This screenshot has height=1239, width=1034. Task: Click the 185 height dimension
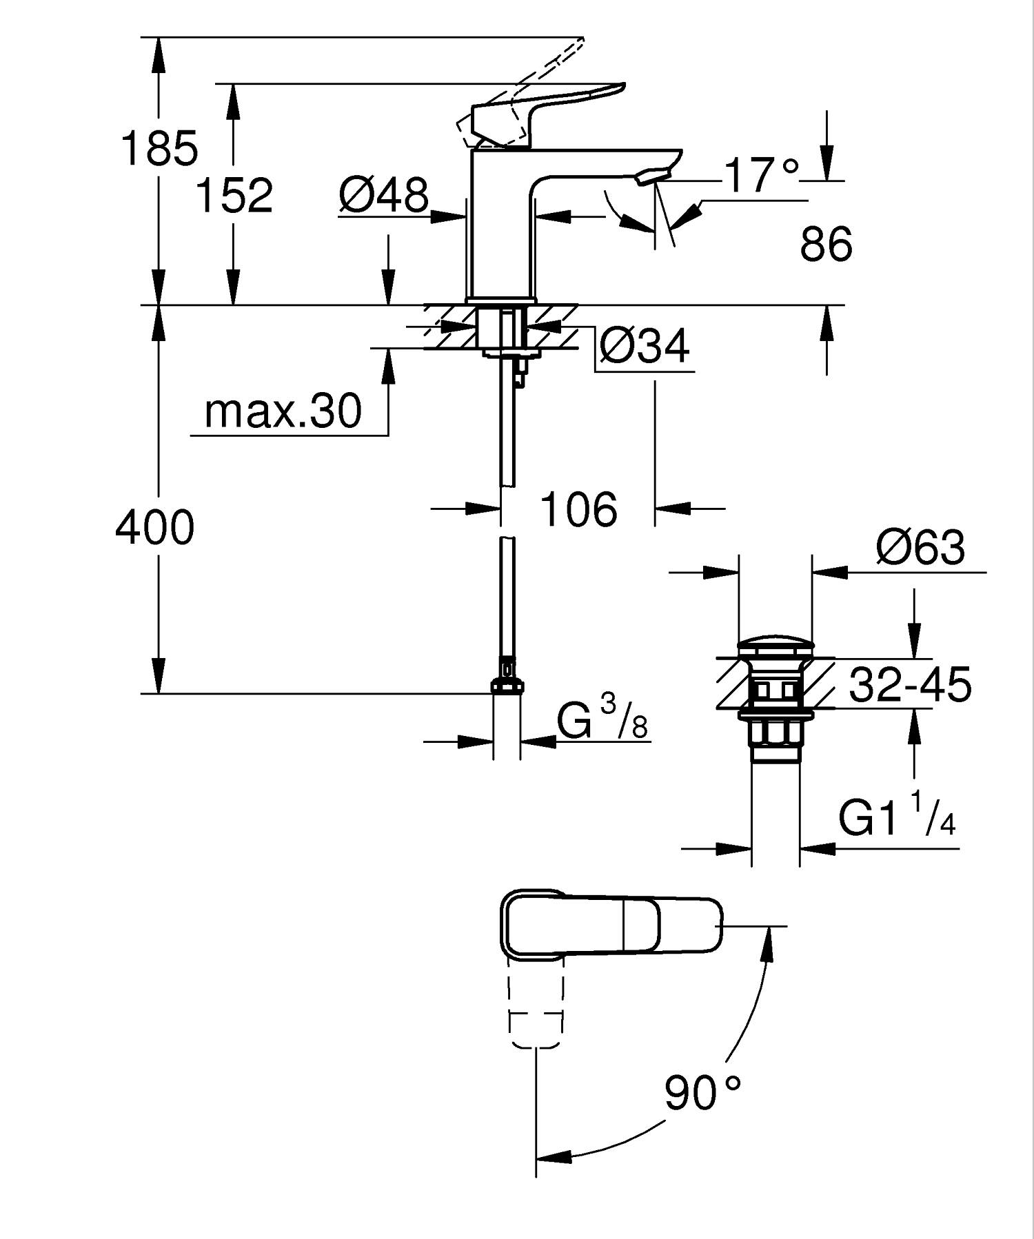coord(159,148)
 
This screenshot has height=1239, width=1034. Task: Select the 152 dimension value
coord(234,195)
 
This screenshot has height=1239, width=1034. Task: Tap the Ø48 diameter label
coord(384,195)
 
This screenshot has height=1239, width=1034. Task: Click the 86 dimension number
coord(826,244)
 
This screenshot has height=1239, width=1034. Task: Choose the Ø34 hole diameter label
coord(644,346)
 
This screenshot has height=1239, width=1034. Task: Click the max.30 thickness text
coord(283,411)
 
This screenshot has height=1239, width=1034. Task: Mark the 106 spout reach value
coord(578,510)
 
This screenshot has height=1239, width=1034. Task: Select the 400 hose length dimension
coord(155,529)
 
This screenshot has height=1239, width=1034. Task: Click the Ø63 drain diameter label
coord(920,549)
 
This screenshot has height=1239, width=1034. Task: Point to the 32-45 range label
coord(910,685)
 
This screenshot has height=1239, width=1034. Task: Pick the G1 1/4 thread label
coord(897,817)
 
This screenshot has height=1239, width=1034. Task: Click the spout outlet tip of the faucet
coord(651,177)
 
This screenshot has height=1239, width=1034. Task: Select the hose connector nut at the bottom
coord(507,684)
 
